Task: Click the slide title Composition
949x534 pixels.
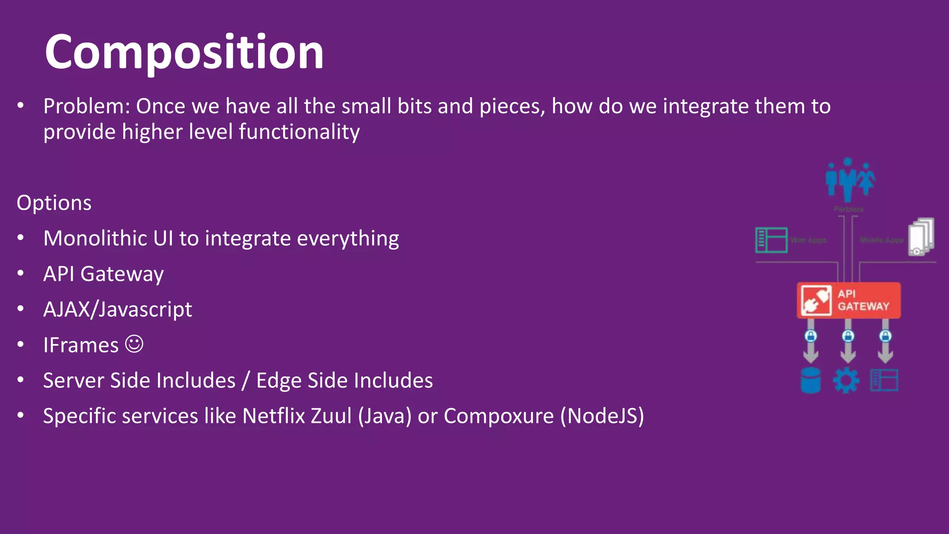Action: (x=184, y=52)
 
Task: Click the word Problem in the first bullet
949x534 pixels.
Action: (x=83, y=106)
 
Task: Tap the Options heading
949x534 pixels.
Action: (x=54, y=203)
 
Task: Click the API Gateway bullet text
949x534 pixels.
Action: (x=103, y=274)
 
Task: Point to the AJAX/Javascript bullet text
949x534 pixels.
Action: (x=117, y=310)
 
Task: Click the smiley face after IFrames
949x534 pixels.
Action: (x=134, y=344)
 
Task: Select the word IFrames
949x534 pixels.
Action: (x=81, y=345)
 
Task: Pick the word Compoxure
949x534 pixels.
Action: (x=498, y=416)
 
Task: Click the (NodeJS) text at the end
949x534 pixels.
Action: (x=602, y=416)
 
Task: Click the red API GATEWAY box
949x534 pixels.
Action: (x=848, y=300)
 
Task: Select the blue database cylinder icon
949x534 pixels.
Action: (x=810, y=380)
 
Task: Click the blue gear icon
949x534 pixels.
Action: (x=846, y=381)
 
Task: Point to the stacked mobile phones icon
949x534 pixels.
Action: (x=921, y=236)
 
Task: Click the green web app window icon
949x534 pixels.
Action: (x=771, y=240)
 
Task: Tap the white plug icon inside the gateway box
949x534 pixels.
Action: (x=816, y=300)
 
